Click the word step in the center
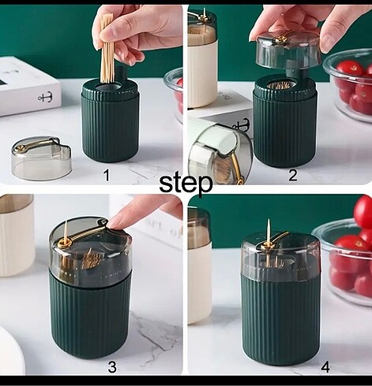point(186,183)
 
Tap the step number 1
point(107,175)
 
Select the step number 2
point(293,175)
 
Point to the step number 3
point(112,367)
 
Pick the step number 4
point(325,367)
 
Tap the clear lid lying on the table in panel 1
point(42,158)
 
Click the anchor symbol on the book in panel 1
point(46,98)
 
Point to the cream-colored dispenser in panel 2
point(202,58)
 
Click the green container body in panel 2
point(285,124)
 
